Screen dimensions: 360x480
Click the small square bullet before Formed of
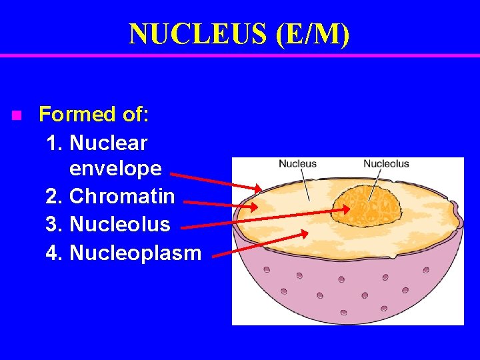coord(17,115)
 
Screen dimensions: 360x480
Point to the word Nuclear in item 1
coord(108,143)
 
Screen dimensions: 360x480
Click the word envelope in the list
coord(115,168)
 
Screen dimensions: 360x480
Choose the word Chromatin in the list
coord(122,196)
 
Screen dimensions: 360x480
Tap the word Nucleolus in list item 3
coord(120,224)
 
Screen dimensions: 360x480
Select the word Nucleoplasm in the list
coord(135,253)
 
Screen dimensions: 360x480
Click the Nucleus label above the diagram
coord(297,164)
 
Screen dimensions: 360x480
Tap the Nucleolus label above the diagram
coord(386,164)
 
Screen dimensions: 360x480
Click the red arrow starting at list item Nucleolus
coord(267,218)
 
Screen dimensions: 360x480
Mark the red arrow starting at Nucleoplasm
coord(263,243)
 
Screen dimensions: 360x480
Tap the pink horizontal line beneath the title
coord(240,55)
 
